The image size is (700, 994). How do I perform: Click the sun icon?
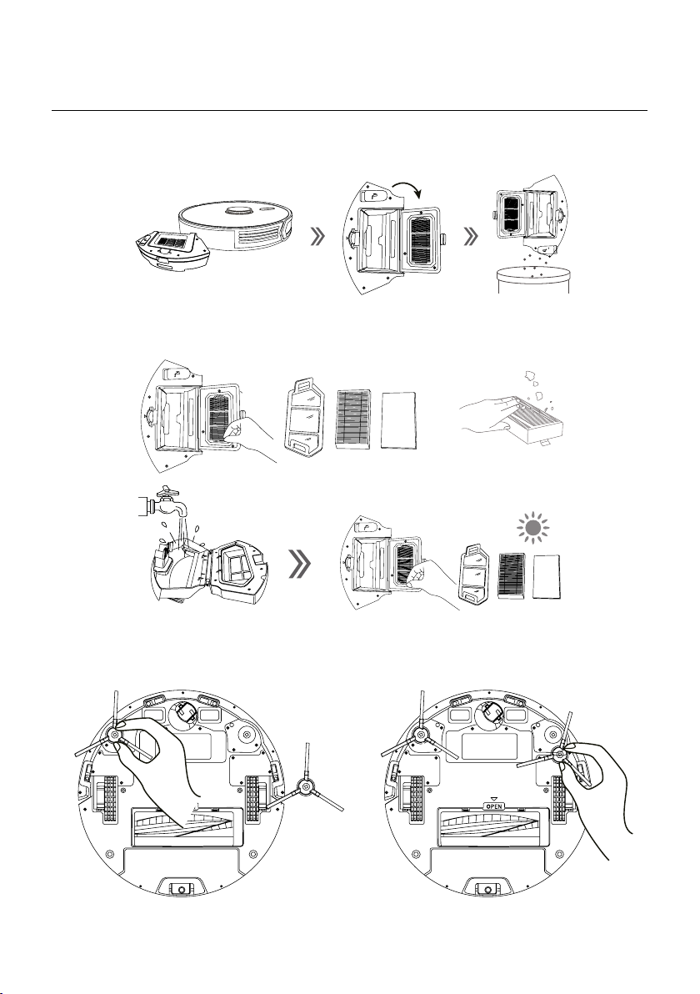click(532, 527)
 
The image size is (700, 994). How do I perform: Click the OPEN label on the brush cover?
click(493, 806)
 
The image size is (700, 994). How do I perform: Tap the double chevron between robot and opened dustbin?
click(318, 237)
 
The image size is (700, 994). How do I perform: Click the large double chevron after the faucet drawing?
click(299, 563)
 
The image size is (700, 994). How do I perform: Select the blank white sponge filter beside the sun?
click(547, 575)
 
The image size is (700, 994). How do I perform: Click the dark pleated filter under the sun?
click(511, 575)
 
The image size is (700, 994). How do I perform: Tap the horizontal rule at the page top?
click(349, 110)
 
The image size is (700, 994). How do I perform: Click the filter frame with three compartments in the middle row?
click(305, 416)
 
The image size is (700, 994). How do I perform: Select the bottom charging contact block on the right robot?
click(486, 887)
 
